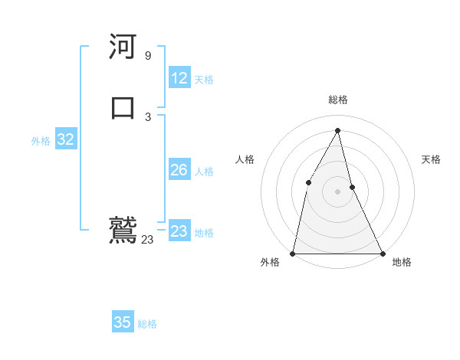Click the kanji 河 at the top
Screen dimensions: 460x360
pyautogui.click(x=123, y=47)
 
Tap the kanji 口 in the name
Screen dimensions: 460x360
pyautogui.click(x=123, y=107)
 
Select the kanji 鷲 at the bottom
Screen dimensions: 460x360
pyautogui.click(x=123, y=230)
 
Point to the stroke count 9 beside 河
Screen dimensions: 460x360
pyautogui.click(x=148, y=56)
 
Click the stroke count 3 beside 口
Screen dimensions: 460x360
pyautogui.click(x=148, y=116)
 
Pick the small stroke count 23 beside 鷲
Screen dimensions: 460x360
pyautogui.click(x=147, y=240)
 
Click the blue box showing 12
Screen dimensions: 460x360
pyautogui.click(x=179, y=78)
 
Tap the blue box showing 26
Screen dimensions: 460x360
pyautogui.click(x=179, y=170)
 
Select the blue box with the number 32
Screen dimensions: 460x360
pyautogui.click(x=65, y=139)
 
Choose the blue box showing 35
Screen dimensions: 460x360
pyautogui.click(x=123, y=322)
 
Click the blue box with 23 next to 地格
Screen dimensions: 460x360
pyautogui.click(x=179, y=231)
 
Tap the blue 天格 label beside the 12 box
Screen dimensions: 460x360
pyautogui.click(x=204, y=80)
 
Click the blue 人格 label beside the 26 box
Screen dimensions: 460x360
pyautogui.click(x=204, y=172)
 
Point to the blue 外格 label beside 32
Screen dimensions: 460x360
pyautogui.click(x=41, y=141)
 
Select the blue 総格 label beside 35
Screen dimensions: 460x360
pyautogui.click(x=147, y=324)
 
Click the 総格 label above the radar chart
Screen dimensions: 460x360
pyautogui.click(x=338, y=100)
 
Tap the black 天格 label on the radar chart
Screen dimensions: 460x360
pyautogui.click(x=432, y=159)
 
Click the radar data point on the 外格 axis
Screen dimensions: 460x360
pyautogui.click(x=293, y=254)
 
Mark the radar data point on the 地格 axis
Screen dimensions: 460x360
pyautogui.click(x=383, y=254)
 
